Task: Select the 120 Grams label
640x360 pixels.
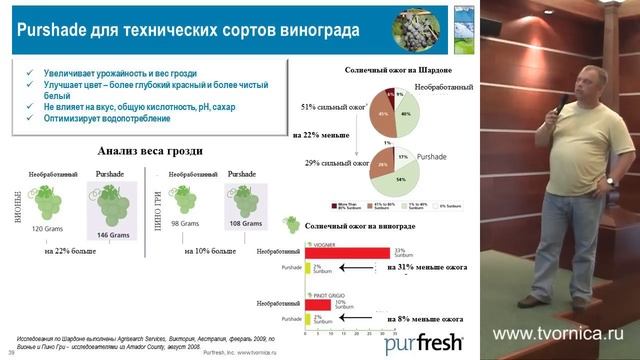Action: click(50, 228)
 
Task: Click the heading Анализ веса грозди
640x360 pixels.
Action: click(150, 151)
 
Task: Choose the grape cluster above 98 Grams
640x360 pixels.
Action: click(185, 200)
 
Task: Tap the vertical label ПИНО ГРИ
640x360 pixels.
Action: click(161, 200)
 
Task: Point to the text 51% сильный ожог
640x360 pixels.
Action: click(334, 104)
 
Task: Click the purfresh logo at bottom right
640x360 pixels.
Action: click(425, 344)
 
